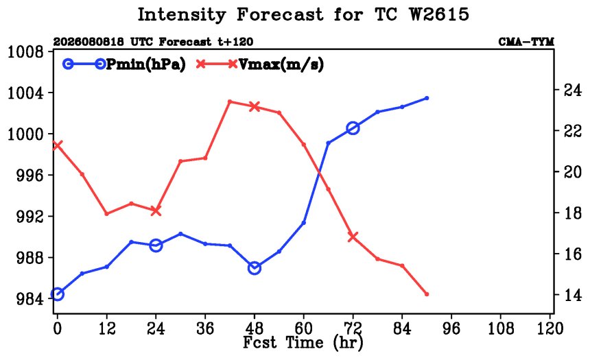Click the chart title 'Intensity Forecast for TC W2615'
(303, 15)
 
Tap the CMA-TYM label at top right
(526, 42)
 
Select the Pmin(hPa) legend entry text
(146, 64)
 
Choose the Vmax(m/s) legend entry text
(281, 64)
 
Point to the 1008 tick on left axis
(25, 51)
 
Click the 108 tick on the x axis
(500, 328)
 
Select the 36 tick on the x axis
(205, 328)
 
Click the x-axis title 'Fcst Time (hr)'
(303, 343)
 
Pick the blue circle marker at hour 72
(353, 128)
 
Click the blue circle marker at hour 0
(57, 294)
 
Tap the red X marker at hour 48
(255, 107)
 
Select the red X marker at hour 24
(156, 211)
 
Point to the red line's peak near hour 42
(230, 101)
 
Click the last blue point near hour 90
(427, 98)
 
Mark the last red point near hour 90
(427, 294)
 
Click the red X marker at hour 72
(353, 237)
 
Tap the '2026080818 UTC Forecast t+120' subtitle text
(153, 42)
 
